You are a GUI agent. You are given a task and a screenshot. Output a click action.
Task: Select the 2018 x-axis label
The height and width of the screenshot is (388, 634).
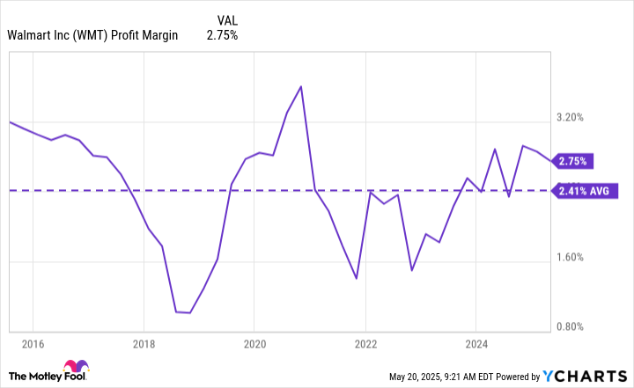coord(143,343)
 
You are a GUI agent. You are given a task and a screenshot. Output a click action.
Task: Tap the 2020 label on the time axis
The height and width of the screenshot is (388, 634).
coord(254,343)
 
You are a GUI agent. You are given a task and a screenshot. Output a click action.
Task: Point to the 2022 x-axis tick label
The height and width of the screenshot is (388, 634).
coord(365,343)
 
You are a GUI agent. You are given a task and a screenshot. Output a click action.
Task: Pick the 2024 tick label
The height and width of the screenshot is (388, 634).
coord(475,343)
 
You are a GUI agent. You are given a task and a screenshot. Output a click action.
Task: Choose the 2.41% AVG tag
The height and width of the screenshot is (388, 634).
coord(588,190)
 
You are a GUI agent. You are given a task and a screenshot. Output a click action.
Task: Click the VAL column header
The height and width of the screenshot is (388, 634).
coord(226,18)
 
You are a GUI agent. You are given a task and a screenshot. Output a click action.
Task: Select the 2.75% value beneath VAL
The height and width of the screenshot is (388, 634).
coord(222,36)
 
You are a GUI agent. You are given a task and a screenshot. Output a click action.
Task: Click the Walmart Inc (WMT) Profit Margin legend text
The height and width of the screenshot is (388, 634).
coord(92,36)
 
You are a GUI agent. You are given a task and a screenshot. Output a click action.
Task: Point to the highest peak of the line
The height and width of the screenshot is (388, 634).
coord(301,86)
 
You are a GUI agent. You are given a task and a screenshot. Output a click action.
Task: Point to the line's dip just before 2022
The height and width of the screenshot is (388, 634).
coord(356,279)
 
